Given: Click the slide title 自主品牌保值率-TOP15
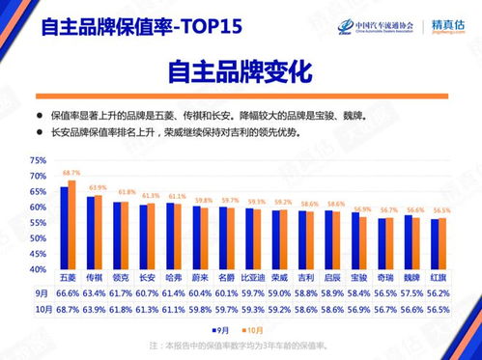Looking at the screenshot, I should [127, 26].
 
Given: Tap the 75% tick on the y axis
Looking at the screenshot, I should [36, 160].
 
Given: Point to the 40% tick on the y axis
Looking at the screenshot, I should [36, 269].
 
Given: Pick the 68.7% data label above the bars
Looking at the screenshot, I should [71, 172].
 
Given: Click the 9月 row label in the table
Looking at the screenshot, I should [41, 291].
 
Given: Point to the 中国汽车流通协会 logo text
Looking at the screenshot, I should [372, 24].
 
